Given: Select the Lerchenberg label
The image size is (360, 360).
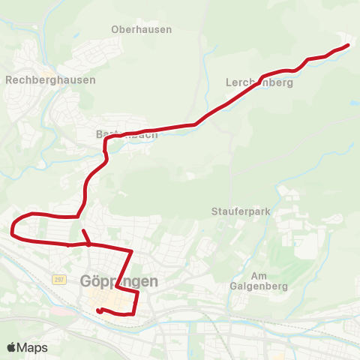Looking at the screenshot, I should tap(259, 83).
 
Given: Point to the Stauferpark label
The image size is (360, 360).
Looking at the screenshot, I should tap(240, 212).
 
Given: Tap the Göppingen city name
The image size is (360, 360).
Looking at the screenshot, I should tap(118, 281).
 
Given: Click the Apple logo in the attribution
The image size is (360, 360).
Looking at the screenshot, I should tap(11, 347).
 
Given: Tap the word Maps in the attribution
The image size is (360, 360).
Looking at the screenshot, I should tap(32, 347).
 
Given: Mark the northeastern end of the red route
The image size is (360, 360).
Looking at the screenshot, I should tap(349, 46).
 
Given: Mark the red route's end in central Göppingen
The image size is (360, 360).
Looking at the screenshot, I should tap(99, 310).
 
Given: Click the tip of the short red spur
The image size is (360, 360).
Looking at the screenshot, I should tap(82, 230).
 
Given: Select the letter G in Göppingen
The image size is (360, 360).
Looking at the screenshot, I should tap(85, 281).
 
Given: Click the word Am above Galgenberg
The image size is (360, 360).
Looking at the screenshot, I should tap(259, 275).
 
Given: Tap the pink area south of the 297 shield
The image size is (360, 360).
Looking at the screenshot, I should tap(58, 309).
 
